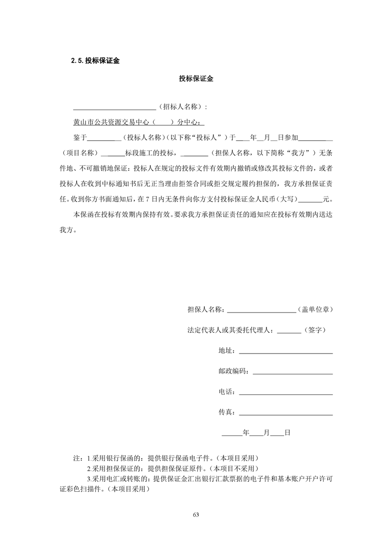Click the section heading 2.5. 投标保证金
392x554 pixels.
click(96, 61)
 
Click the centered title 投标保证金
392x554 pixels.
click(196, 79)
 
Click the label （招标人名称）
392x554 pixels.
click(180, 107)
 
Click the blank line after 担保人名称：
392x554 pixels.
click(261, 312)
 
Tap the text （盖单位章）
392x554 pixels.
click(315, 310)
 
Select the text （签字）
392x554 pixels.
click(315, 330)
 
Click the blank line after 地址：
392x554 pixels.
click(285, 353)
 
